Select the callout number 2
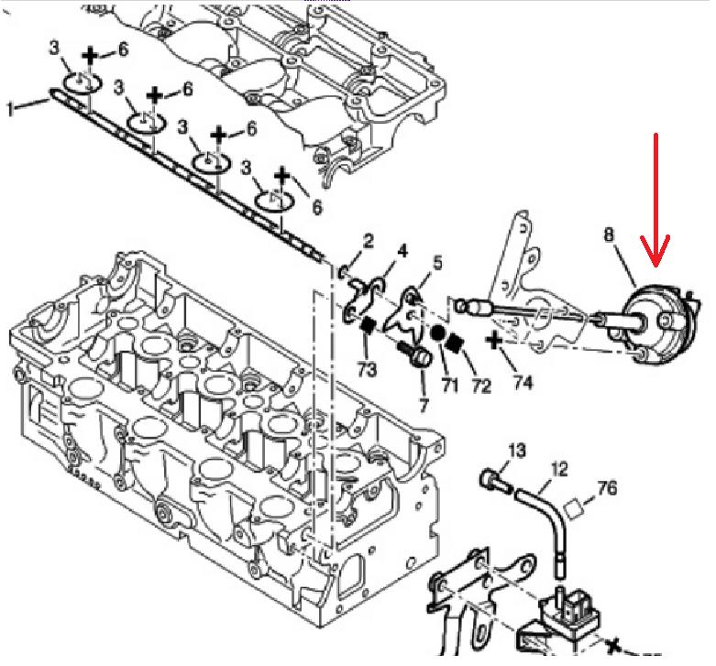coord(367,242)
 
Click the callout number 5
coord(437,263)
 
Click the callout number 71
coord(449,386)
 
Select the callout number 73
coord(365,370)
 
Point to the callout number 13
coord(516,449)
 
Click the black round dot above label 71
coord(438,333)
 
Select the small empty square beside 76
coord(576,504)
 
